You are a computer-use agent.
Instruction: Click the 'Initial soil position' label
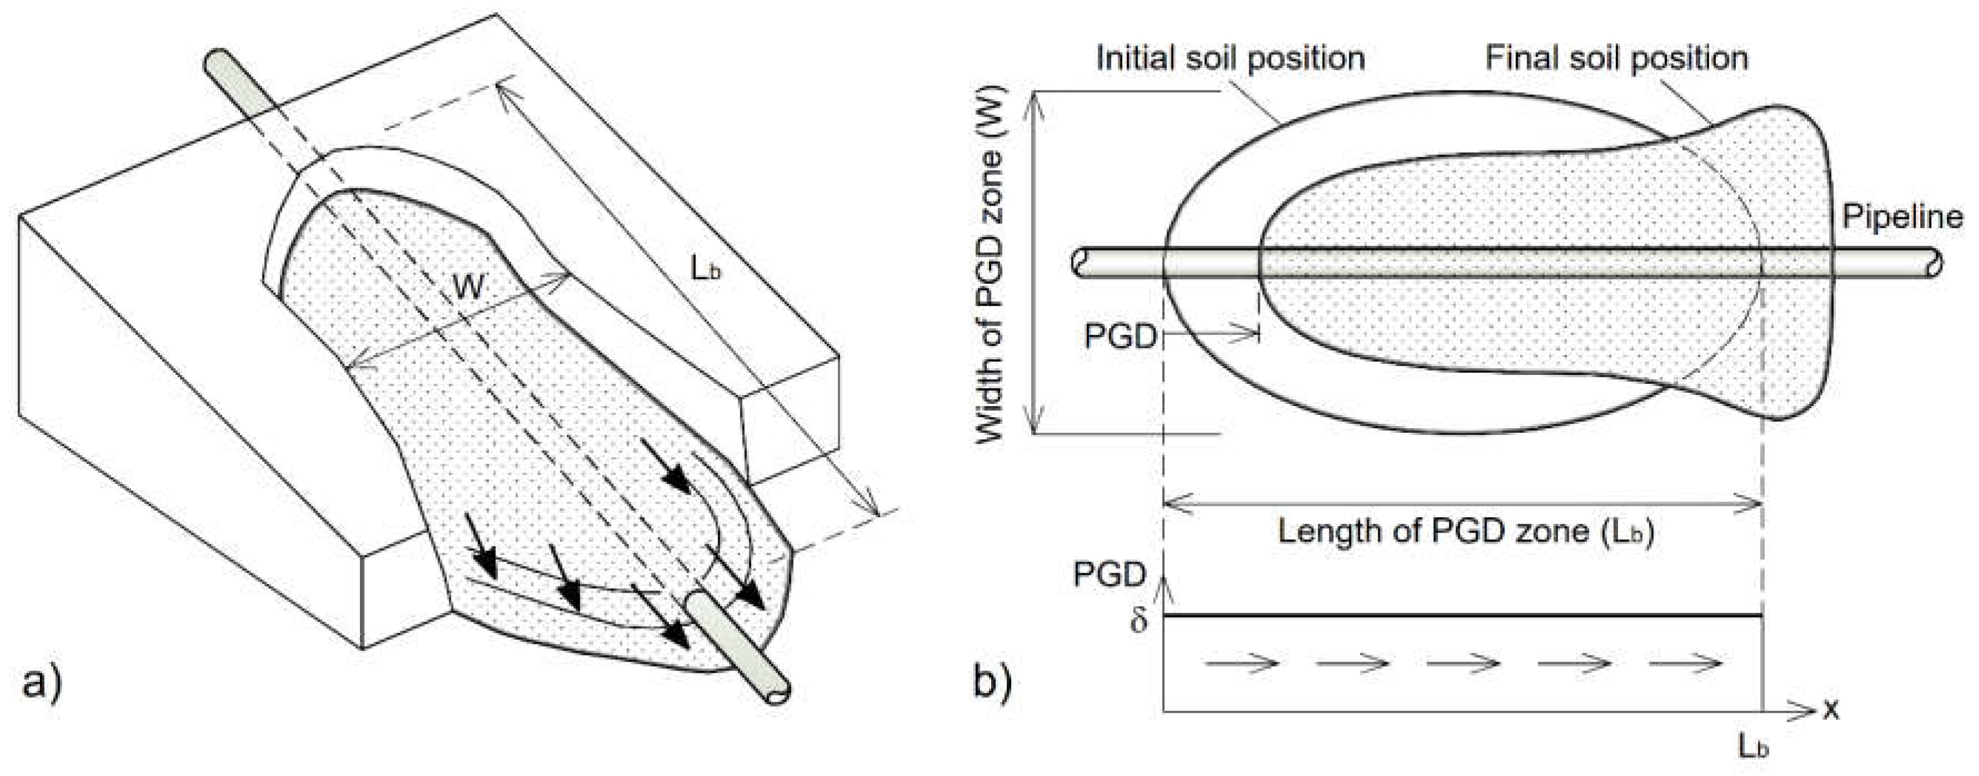click(1230, 58)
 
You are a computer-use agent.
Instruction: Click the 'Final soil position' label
click(1616, 58)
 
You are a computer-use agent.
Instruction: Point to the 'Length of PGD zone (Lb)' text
click(1465, 532)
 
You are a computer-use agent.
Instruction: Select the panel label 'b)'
click(993, 682)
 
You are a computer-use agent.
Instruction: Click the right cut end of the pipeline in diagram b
click(1936, 262)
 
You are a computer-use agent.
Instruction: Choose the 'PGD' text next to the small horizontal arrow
click(1120, 337)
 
